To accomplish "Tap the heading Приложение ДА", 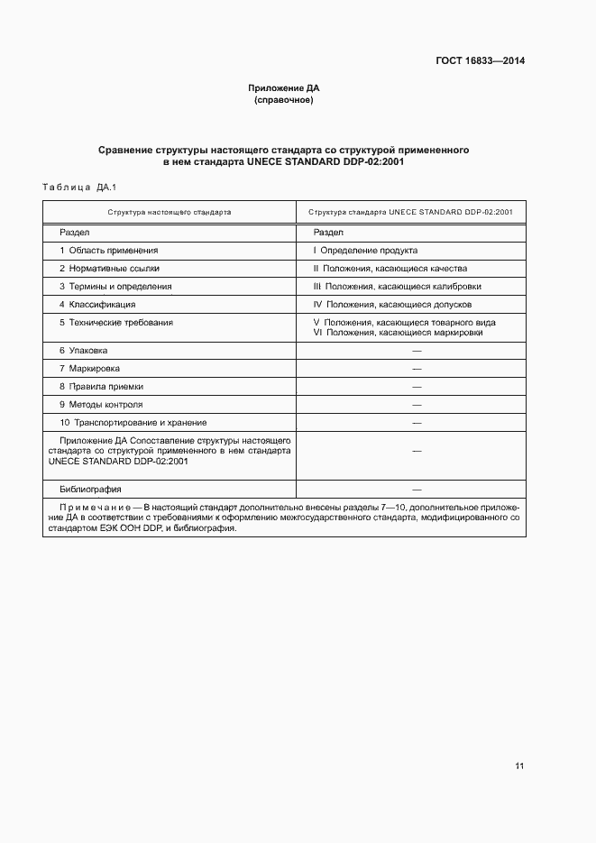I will [284, 88].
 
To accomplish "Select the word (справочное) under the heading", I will [284, 100].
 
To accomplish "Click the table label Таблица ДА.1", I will [80, 188].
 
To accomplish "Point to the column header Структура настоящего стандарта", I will [170, 212].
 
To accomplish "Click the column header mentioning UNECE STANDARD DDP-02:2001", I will [410, 212].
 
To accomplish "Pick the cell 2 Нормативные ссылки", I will [109, 268].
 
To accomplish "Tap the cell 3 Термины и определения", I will [115, 286].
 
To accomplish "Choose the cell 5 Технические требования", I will [116, 322].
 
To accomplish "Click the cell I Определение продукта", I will [365, 250].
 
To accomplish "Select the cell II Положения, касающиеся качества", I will [390, 268].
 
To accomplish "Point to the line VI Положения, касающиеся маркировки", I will [398, 333].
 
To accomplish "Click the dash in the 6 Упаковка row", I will [417, 351].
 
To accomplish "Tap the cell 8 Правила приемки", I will [102, 386].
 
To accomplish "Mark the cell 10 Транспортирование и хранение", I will [133, 422].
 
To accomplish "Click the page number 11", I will [519, 766].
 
